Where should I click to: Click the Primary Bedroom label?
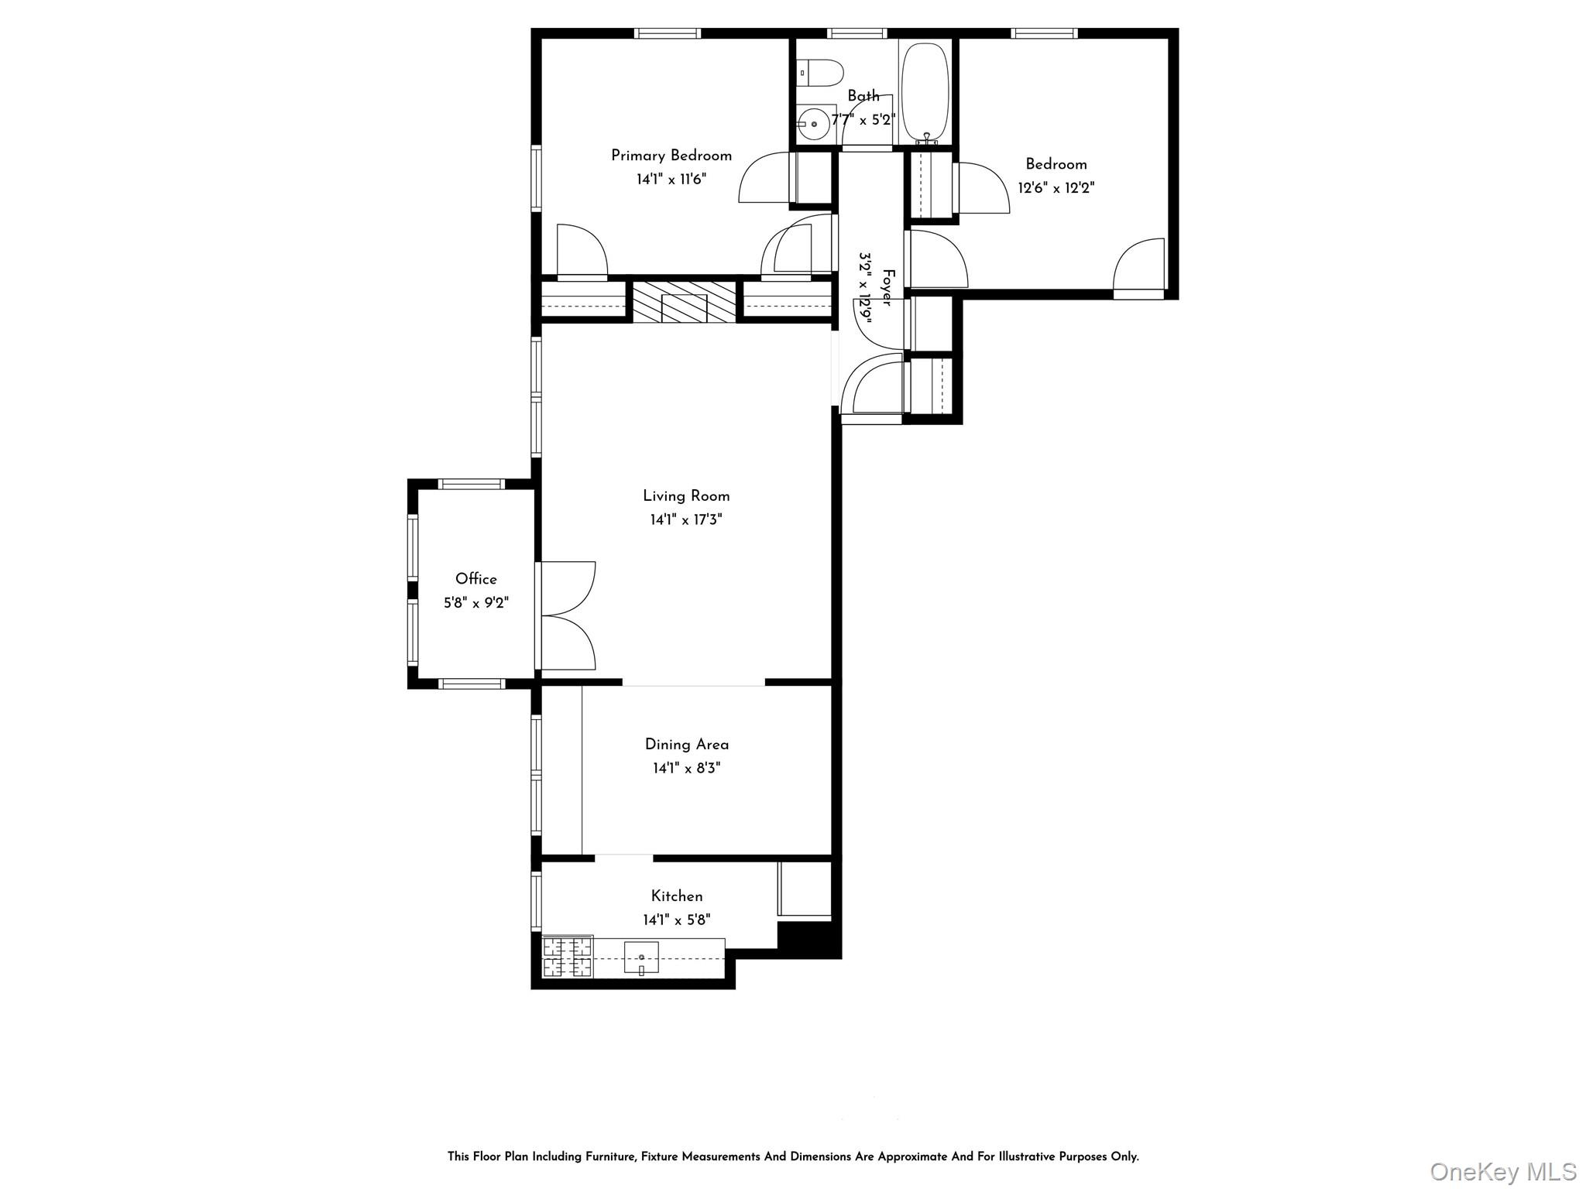point(671,156)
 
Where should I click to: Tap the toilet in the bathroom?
point(819,74)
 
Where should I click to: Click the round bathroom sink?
point(813,124)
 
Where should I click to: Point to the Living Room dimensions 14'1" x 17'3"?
point(686,519)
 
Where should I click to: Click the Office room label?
point(476,579)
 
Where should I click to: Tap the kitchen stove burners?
point(568,958)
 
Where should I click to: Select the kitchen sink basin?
point(641,958)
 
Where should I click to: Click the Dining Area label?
point(687,745)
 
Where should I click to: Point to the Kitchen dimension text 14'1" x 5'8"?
point(677,920)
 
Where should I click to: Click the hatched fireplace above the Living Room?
point(685,302)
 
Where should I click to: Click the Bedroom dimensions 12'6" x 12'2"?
point(1056,187)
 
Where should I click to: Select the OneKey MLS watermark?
point(1503,1171)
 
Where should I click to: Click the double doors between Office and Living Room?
point(566,615)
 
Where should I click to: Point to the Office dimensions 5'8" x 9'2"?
point(476,602)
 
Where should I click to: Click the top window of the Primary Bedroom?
point(668,33)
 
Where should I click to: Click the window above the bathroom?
point(857,33)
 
